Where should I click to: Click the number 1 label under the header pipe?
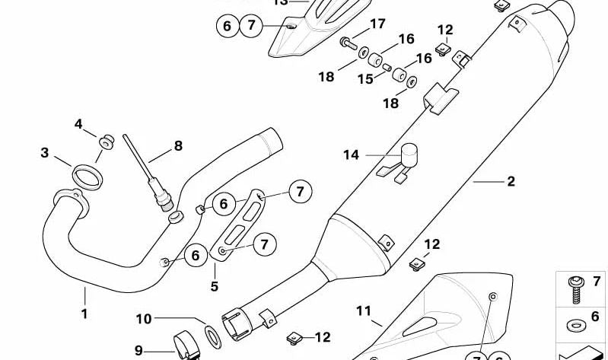tap(84, 313)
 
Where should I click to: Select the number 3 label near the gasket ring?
tap(45, 153)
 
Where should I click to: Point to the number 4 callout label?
tap(78, 124)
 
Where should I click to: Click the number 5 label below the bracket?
tap(215, 286)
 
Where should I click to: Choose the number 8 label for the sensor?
tap(178, 145)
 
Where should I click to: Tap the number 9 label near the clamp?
tap(138, 350)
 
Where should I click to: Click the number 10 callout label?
tap(145, 319)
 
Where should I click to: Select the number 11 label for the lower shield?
tap(363, 310)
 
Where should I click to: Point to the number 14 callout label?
tap(351, 155)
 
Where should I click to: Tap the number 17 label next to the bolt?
tap(378, 24)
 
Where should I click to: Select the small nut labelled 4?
tap(105, 141)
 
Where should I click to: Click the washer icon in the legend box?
tap(573, 325)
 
